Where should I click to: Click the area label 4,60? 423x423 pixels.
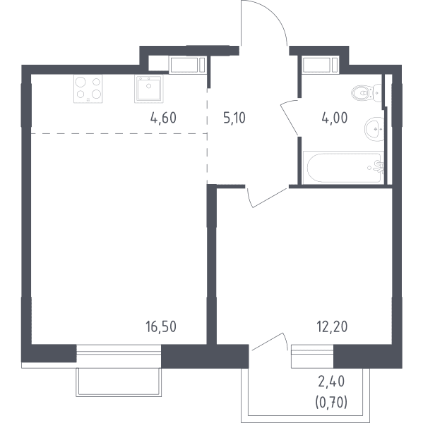pyautogui.click(x=163, y=118)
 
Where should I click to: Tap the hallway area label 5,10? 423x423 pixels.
pyautogui.click(x=234, y=118)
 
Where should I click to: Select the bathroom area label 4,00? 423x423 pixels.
pyautogui.click(x=335, y=118)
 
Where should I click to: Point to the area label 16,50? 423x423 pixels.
pyautogui.click(x=161, y=326)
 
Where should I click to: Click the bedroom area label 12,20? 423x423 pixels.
pyautogui.click(x=332, y=326)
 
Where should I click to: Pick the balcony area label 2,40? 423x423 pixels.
pyautogui.click(x=331, y=381)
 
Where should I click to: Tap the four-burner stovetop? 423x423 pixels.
pyautogui.click(x=88, y=89)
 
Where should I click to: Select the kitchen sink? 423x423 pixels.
pyautogui.click(x=149, y=89)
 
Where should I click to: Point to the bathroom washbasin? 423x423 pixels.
pyautogui.click(x=374, y=129)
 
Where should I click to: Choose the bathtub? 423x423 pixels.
pyautogui.click(x=343, y=168)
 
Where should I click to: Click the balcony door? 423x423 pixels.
pyautogui.click(x=268, y=341)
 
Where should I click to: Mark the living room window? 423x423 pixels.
pyautogui.click(x=119, y=353)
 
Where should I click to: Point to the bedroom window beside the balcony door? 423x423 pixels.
pyautogui.click(x=312, y=356)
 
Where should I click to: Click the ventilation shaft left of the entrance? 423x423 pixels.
pyautogui.click(x=187, y=65)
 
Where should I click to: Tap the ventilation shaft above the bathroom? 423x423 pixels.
pyautogui.click(x=321, y=65)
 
